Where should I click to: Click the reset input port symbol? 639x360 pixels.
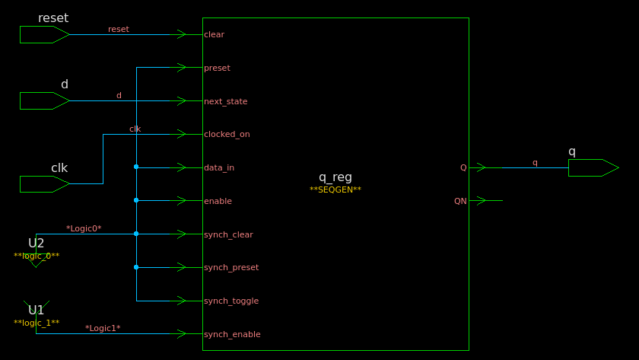point(44,34)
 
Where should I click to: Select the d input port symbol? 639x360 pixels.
point(44,100)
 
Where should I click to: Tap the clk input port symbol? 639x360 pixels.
point(44,184)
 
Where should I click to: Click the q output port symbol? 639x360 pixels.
point(593,167)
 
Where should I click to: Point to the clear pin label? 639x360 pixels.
point(214,34)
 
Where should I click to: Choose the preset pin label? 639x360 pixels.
point(217,68)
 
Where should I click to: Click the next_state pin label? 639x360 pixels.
point(225,101)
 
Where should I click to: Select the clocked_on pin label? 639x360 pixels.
point(227,134)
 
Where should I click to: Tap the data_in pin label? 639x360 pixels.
point(219,167)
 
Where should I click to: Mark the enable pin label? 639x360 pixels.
point(218,201)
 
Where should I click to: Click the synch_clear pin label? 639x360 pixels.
point(228,234)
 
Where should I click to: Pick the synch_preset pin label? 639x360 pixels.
point(231,267)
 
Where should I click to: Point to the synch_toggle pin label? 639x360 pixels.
point(231,301)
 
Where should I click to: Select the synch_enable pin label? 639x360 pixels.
point(232,334)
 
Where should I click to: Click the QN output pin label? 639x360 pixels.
point(460,201)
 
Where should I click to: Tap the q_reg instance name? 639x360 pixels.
point(335,177)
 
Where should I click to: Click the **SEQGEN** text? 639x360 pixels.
point(335,190)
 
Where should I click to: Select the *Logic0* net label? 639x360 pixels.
point(84,228)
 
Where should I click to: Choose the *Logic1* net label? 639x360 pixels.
point(103,328)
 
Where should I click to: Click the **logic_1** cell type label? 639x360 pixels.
point(37,323)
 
